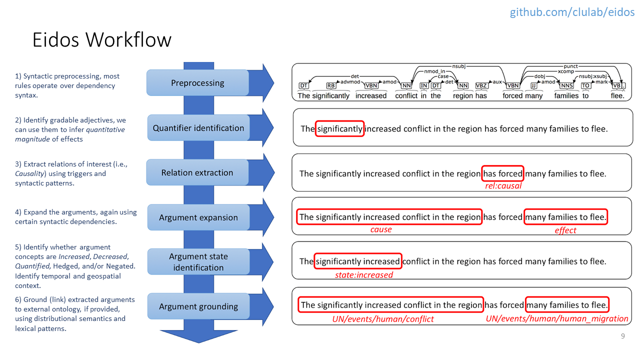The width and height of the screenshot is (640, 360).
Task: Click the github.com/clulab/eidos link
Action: click(572, 12)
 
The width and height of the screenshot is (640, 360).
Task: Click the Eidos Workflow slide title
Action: click(102, 39)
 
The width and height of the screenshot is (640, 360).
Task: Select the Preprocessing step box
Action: click(197, 83)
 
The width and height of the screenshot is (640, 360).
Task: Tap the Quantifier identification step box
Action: click(198, 127)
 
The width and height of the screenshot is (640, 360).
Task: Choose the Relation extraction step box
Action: click(197, 172)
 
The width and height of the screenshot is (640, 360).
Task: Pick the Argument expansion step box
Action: click(198, 217)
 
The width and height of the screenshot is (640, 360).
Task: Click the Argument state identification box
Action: click(198, 261)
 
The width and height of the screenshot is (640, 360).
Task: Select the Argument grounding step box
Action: click(198, 306)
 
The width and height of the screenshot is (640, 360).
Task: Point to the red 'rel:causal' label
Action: click(503, 186)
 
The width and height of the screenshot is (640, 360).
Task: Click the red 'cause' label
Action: click(381, 229)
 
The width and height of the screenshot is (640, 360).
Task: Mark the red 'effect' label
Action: click(565, 230)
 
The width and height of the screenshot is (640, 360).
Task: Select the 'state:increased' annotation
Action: click(363, 275)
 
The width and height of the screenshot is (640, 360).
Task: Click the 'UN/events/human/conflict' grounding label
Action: click(383, 319)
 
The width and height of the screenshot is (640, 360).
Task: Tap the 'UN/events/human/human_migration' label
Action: click(557, 318)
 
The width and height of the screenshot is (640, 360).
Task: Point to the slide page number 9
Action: click(623, 336)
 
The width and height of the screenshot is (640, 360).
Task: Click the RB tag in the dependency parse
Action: click(331, 85)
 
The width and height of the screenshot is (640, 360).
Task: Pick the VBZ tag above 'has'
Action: click(481, 85)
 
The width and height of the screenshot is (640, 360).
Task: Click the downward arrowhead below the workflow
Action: click(198, 336)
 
